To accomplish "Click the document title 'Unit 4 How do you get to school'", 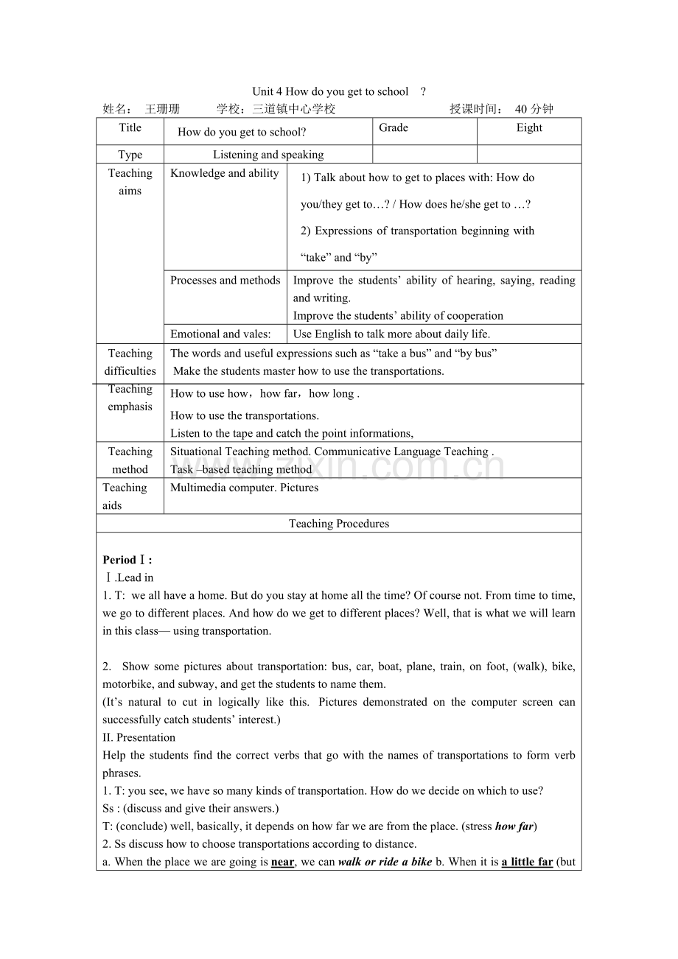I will tap(330, 91).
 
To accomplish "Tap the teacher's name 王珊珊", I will tap(162, 109).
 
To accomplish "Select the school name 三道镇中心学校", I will tap(293, 109).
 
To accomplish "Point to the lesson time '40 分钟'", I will tap(534, 109).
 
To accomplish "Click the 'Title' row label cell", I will tap(130, 128).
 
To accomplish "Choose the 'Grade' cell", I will tap(394, 128).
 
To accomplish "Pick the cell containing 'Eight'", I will tap(529, 128).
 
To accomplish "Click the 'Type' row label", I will tap(130, 155).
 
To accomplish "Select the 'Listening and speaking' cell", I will tap(268, 155).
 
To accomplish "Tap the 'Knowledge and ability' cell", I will tap(225, 173).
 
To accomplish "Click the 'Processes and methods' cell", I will tap(225, 280).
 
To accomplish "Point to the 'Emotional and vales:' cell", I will tap(220, 334).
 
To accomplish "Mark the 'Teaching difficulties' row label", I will tap(130, 362).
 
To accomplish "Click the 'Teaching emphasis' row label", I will tap(130, 398).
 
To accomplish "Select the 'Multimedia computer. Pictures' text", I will tap(244, 488).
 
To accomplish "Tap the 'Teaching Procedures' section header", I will tap(339, 524).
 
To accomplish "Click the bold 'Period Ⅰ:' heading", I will tap(127, 560).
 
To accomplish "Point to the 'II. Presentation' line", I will tap(139, 737).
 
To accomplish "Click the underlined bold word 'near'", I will tap(282, 862).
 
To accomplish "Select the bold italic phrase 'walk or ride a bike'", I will tap(385, 862).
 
